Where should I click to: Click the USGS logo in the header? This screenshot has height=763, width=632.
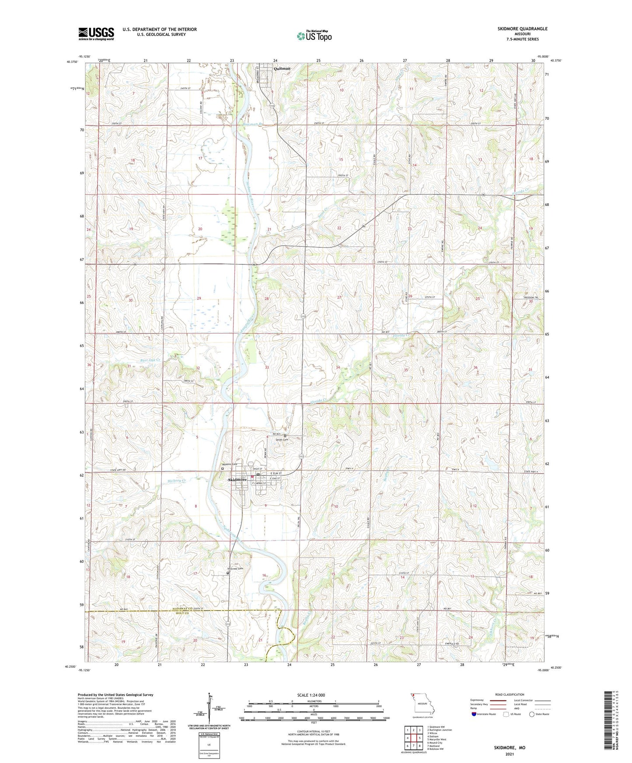coord(96,34)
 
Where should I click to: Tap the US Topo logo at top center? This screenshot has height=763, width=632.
coord(314,35)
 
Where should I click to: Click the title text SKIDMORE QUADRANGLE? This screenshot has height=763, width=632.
coord(522,29)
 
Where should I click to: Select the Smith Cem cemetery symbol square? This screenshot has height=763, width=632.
coord(285,436)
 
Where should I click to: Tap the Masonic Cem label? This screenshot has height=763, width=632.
coord(228,464)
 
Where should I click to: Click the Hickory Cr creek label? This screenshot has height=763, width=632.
coord(177,481)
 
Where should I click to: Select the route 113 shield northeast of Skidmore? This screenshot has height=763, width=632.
coord(301,456)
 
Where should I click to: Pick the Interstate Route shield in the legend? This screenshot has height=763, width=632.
coord(474,714)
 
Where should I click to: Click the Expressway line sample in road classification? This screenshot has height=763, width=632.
coord(497,700)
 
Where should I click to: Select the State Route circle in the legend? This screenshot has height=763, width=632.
coord(531,714)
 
